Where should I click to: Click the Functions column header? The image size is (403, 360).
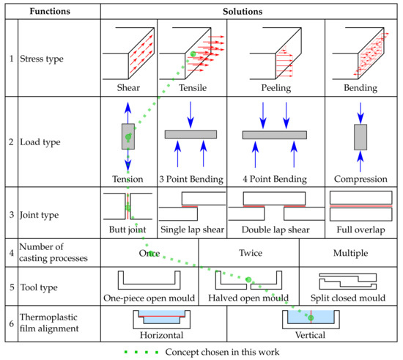50,11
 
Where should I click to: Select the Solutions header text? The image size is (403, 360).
243,12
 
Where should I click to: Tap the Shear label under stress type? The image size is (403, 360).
128,88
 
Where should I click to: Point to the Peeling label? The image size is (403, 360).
276,88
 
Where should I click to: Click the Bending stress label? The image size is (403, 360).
361,88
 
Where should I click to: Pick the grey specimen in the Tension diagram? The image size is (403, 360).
128,136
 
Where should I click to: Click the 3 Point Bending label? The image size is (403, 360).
191,179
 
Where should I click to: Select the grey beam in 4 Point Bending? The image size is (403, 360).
275,135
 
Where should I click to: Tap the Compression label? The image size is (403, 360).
361,179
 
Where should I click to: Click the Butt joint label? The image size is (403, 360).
127,229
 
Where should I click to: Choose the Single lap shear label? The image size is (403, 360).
192,229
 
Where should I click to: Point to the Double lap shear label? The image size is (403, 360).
276,229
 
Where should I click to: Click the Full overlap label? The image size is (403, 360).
361,229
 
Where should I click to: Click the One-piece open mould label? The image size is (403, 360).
149,298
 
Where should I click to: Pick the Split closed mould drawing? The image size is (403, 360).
348,282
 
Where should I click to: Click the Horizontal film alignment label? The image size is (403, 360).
162,335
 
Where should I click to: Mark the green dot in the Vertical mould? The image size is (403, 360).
311,317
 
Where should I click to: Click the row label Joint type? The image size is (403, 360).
40,215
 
